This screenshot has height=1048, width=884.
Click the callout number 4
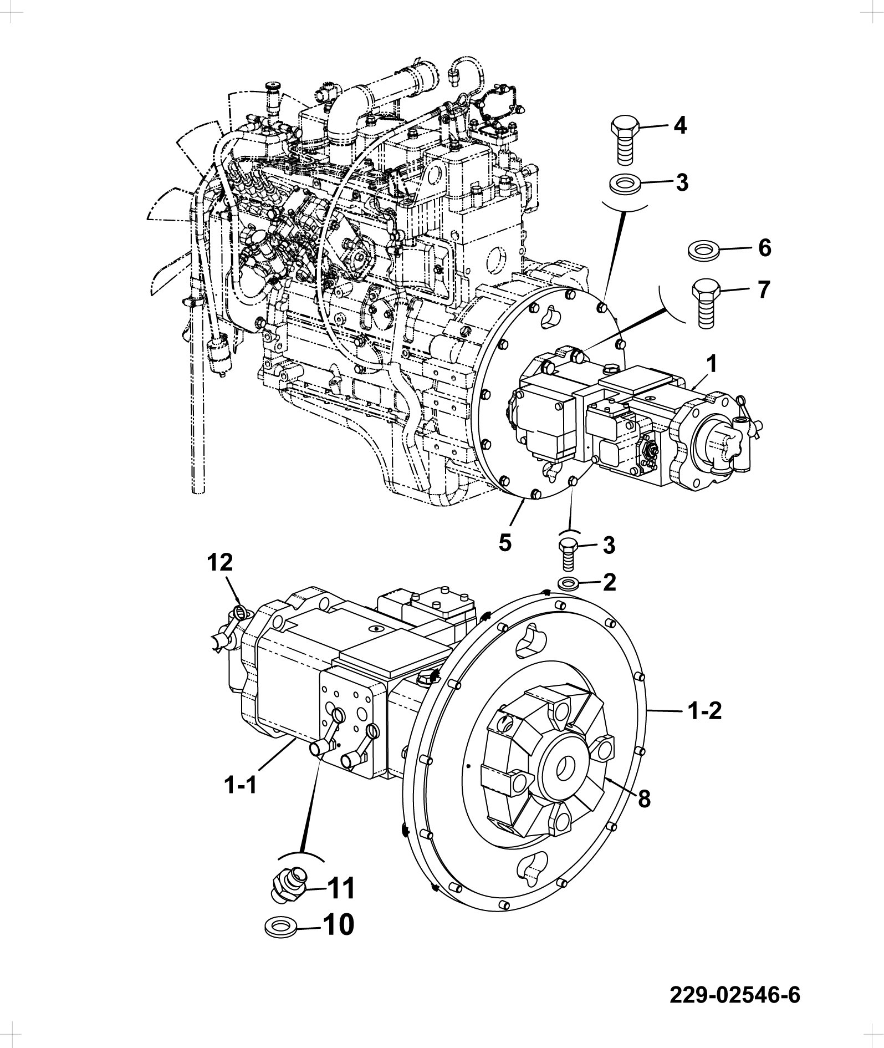point(680,126)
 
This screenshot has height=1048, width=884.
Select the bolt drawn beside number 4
point(626,140)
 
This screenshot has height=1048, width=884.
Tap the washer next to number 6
point(703,250)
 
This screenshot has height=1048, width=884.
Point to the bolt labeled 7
point(706,303)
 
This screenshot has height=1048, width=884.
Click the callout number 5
point(504,542)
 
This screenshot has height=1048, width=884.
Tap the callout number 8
point(643,799)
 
